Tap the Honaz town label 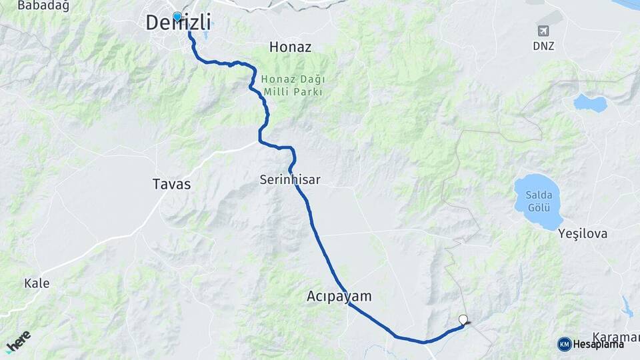[x=290, y=47]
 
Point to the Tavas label [x=171, y=185]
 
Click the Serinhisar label [x=290, y=180]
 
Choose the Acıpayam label [x=339, y=296]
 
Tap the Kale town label [x=37, y=283]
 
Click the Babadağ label [x=34, y=5]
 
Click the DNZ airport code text [x=543, y=46]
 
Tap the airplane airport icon [x=543, y=31]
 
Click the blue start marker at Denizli [x=177, y=17]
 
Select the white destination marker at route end [x=463, y=319]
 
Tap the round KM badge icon [x=564, y=344]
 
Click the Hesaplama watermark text [x=598, y=344]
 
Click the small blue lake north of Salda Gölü [x=590, y=103]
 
